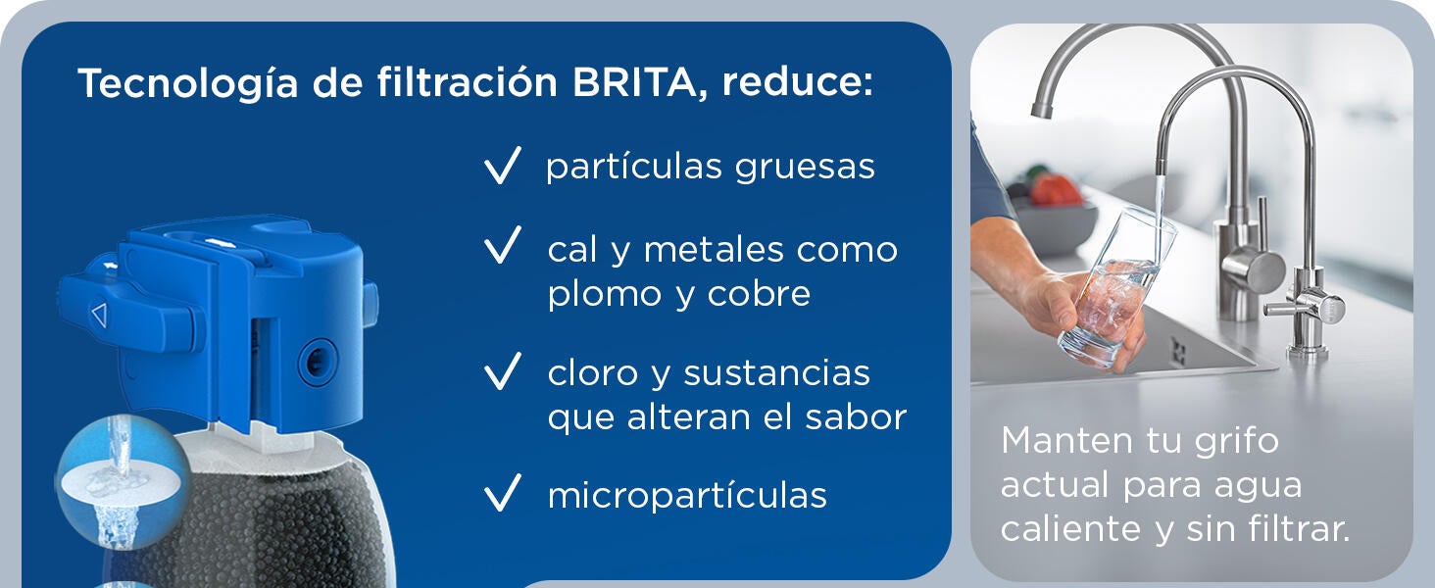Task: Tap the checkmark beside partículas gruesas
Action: pyautogui.click(x=502, y=167)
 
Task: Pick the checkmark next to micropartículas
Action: pyautogui.click(x=502, y=495)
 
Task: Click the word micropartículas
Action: pyautogui.click(x=687, y=496)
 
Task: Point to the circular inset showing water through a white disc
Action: pyautogui.click(x=123, y=482)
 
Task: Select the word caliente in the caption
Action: pyautogui.click(x=1064, y=529)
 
